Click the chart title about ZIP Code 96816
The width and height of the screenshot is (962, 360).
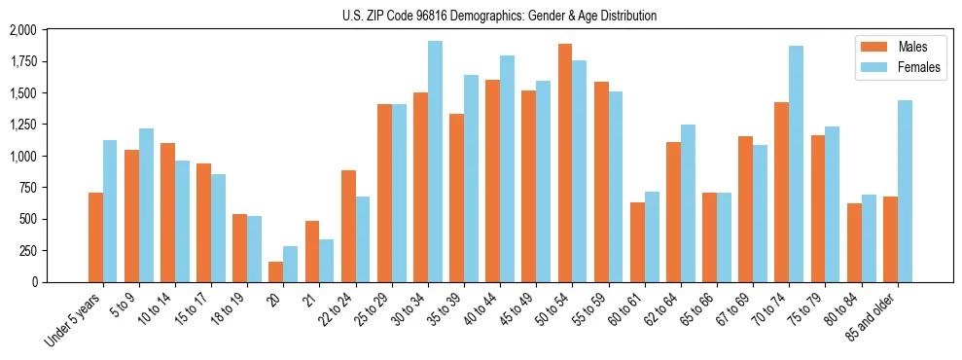point(500,16)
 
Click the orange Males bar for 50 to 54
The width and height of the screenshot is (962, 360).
point(565,162)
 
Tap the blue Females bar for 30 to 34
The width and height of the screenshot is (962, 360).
point(435,162)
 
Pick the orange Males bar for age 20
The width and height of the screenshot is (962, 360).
point(276,271)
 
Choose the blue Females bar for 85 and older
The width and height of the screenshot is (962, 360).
point(905,191)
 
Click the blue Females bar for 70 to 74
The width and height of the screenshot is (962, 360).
point(797,163)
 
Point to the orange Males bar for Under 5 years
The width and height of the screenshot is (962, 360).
point(95,237)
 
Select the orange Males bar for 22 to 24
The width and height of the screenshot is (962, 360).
point(348,226)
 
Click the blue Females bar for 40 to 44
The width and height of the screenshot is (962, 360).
point(507,168)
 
